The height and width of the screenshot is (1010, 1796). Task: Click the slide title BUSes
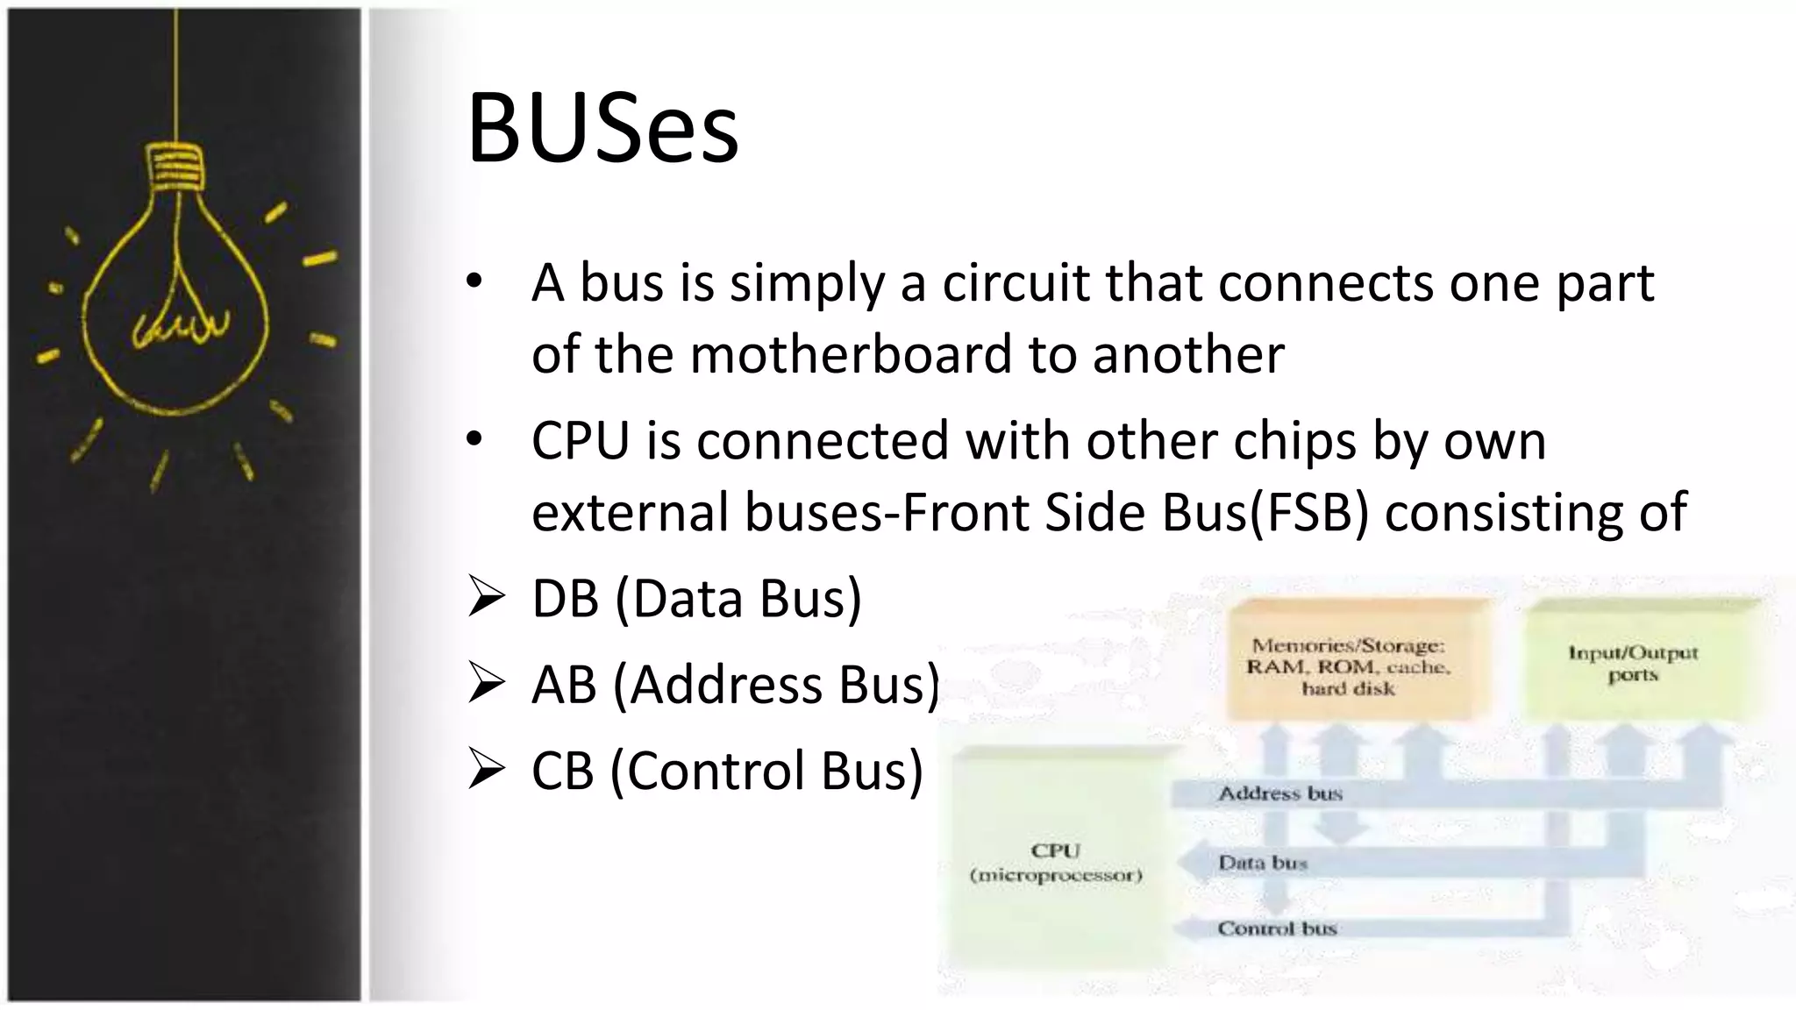pyautogui.click(x=602, y=129)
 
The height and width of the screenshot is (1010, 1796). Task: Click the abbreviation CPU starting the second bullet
pyautogui.click(x=580, y=440)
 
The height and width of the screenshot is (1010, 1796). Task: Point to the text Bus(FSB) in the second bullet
pyautogui.click(x=1265, y=512)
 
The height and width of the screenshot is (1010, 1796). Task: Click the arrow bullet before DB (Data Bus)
pyautogui.click(x=486, y=597)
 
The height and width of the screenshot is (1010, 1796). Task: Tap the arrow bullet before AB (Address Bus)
pyautogui.click(x=486, y=683)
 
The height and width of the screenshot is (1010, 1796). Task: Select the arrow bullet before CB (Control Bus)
pyautogui.click(x=486, y=769)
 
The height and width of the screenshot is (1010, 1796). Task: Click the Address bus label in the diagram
pyautogui.click(x=1280, y=793)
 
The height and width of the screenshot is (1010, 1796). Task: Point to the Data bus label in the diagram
pyautogui.click(x=1263, y=863)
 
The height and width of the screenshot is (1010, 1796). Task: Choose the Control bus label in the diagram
pyautogui.click(x=1277, y=928)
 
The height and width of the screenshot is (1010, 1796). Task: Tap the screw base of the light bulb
pyautogui.click(x=175, y=167)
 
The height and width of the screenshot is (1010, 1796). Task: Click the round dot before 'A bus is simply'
pyautogui.click(x=474, y=282)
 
